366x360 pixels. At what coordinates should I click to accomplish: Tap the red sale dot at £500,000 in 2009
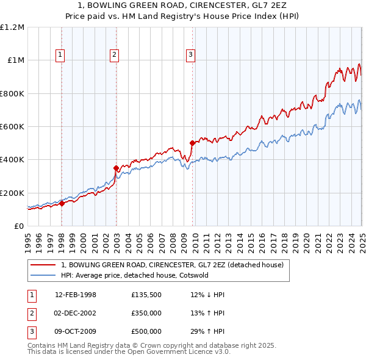[192, 143]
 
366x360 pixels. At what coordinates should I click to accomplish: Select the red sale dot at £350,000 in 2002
[116, 168]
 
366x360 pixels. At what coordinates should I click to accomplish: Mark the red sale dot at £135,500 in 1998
[62, 204]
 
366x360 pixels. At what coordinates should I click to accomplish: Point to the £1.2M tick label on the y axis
[12, 27]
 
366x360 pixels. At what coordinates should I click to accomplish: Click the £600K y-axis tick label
[12, 127]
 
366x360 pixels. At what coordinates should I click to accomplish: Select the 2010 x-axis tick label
[195, 240]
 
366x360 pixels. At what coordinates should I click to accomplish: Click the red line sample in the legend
[43, 265]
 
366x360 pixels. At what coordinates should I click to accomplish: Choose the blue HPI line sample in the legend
[43, 275]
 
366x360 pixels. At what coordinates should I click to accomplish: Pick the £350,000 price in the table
[146, 314]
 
